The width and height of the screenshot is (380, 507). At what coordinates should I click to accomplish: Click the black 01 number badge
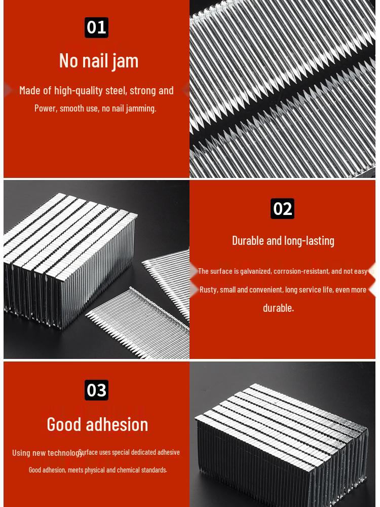click(x=96, y=27)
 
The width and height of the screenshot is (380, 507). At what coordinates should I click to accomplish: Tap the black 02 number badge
click(x=282, y=208)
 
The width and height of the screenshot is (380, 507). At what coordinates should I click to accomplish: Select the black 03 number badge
click(x=96, y=390)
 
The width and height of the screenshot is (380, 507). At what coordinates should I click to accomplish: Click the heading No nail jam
click(x=99, y=60)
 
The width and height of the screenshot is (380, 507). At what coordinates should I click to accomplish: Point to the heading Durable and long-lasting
click(x=283, y=240)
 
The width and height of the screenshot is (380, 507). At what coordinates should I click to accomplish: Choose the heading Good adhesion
click(x=97, y=424)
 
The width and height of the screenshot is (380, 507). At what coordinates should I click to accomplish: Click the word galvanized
click(x=255, y=271)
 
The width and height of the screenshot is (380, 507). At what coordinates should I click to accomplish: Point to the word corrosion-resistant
click(x=301, y=271)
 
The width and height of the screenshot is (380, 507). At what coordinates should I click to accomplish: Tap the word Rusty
click(x=208, y=289)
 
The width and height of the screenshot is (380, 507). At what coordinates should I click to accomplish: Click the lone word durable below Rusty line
click(x=278, y=308)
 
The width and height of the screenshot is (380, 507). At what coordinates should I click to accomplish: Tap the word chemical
click(x=128, y=470)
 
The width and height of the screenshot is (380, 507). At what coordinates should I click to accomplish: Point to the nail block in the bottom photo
click(x=281, y=441)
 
